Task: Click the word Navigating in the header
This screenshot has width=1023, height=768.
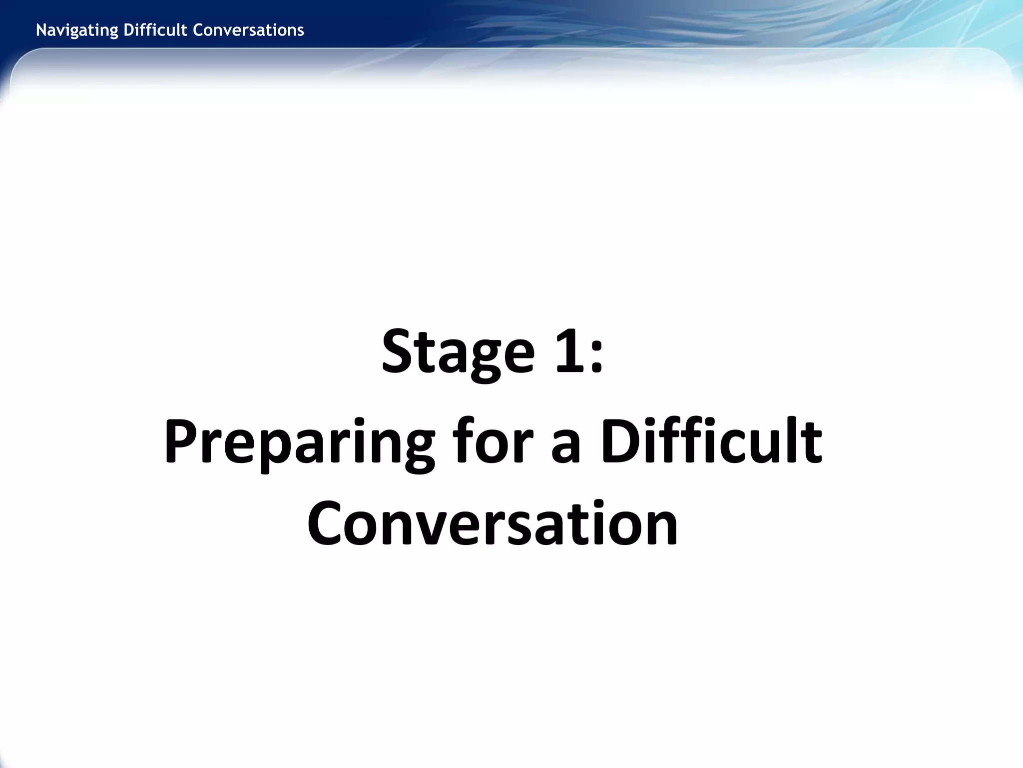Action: (x=77, y=30)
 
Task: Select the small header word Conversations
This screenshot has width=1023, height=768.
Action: (x=248, y=30)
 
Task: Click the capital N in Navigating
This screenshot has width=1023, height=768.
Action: (x=41, y=30)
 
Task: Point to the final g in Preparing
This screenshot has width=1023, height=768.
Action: (x=416, y=450)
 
